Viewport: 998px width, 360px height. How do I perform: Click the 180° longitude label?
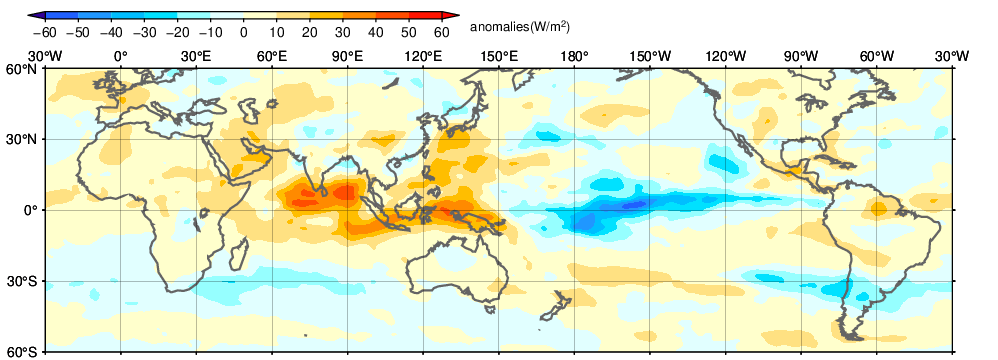[x=574, y=57]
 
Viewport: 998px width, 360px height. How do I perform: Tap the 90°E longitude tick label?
[x=348, y=57]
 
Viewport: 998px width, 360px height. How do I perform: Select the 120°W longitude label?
[x=725, y=57]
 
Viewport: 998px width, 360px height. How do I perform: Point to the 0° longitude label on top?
[x=121, y=57]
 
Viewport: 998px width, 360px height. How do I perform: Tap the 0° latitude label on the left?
[x=33, y=210]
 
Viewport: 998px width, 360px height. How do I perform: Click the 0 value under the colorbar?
[x=243, y=31]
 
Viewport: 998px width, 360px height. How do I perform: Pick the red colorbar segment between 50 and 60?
[x=425, y=15]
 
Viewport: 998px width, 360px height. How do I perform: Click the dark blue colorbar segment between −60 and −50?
[x=61, y=15]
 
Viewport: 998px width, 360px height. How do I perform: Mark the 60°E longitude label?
[x=272, y=57]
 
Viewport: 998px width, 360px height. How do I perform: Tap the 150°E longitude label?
[x=498, y=57]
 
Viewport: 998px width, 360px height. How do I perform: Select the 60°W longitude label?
[x=876, y=57]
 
